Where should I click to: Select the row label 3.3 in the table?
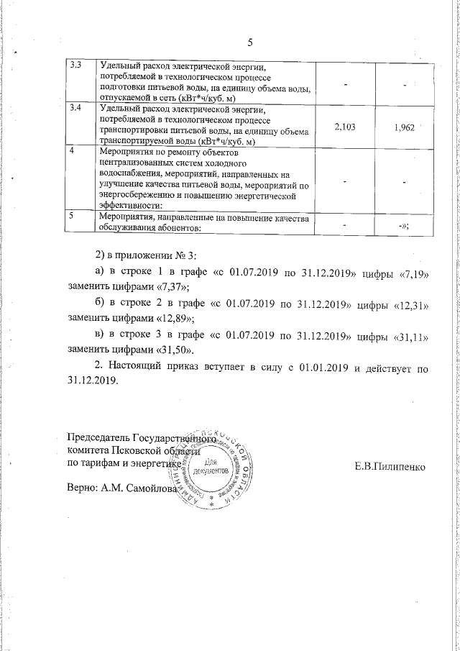74,66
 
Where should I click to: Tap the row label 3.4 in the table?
74,108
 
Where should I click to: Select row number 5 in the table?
70,215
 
